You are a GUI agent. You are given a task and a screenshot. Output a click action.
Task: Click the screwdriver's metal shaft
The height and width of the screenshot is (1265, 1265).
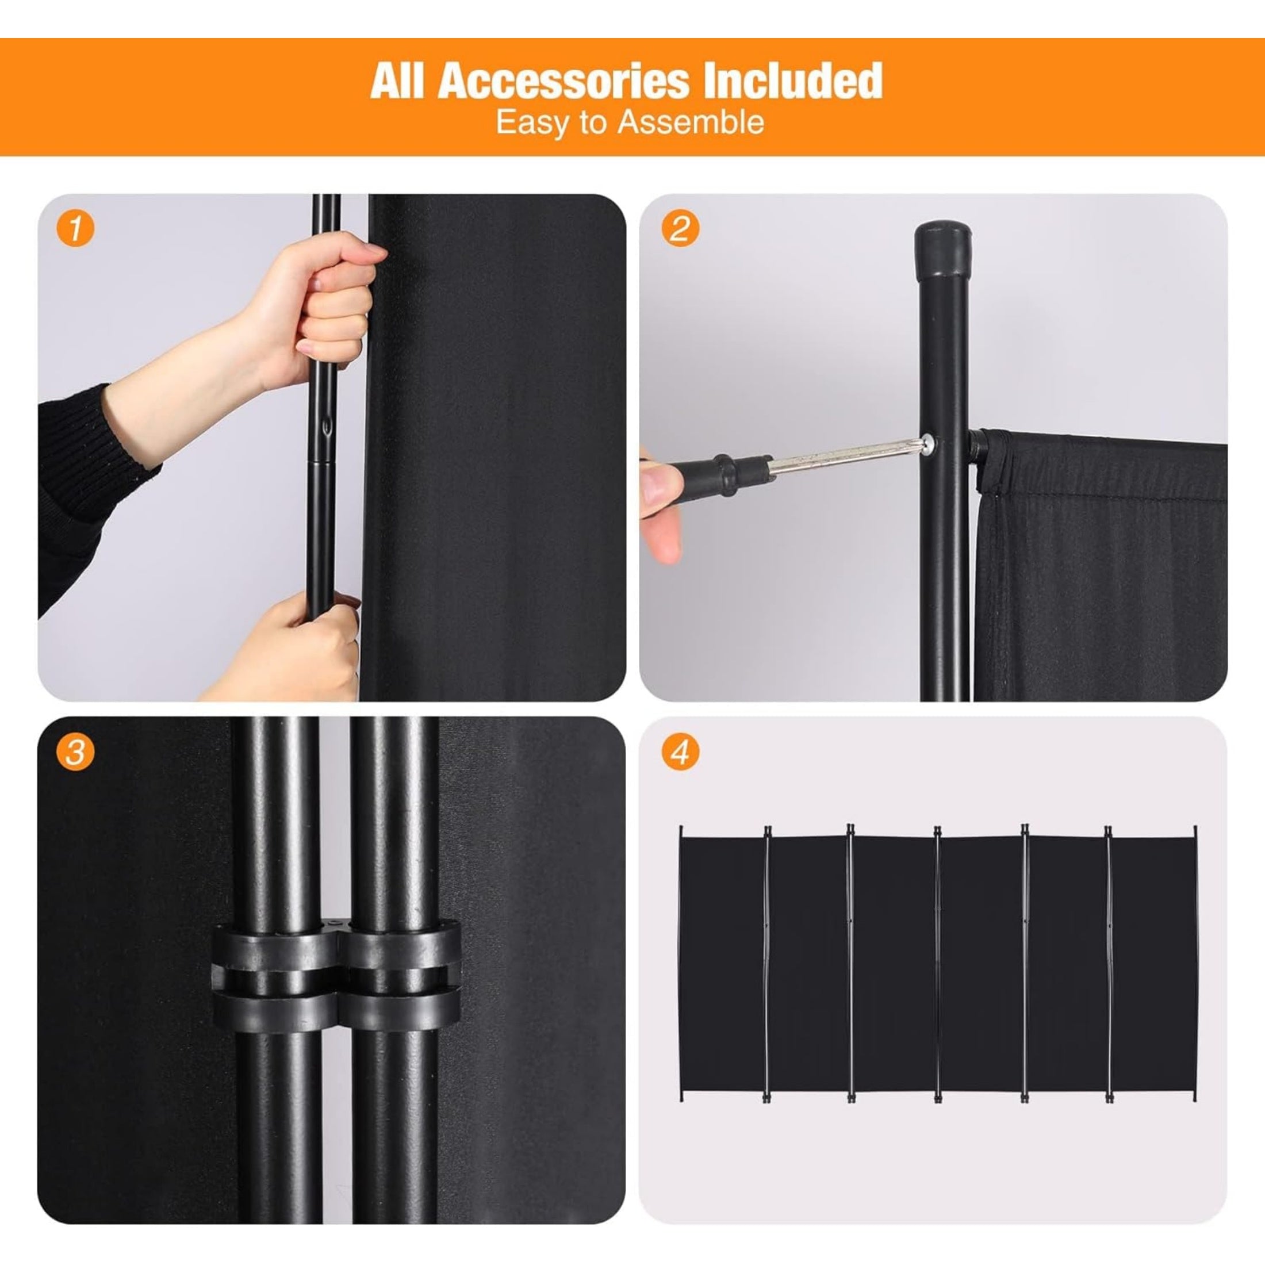(x=845, y=459)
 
